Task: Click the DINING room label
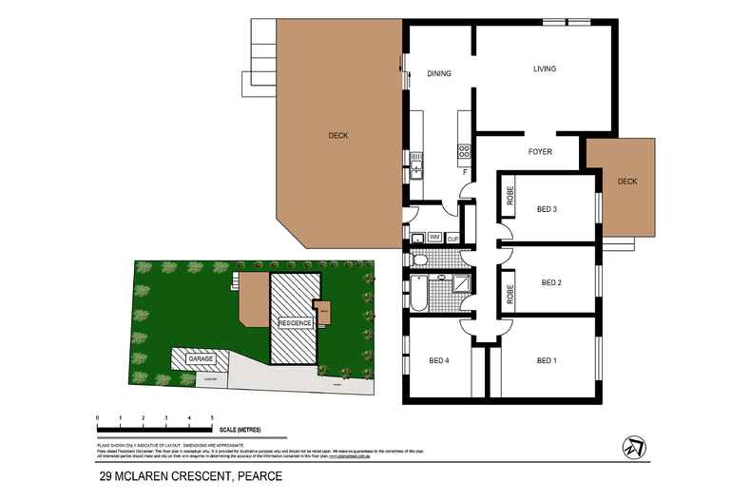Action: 438,74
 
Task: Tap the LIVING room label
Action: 544,68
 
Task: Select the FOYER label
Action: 540,151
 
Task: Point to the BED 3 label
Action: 547,209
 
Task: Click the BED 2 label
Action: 552,282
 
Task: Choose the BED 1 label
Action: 547,360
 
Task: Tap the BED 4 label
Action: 437,360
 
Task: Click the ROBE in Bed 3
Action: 510,197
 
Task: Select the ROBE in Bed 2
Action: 510,294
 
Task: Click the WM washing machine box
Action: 434,236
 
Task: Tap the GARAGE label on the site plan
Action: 201,359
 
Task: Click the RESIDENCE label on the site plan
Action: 295,323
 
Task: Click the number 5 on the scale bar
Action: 211,417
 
